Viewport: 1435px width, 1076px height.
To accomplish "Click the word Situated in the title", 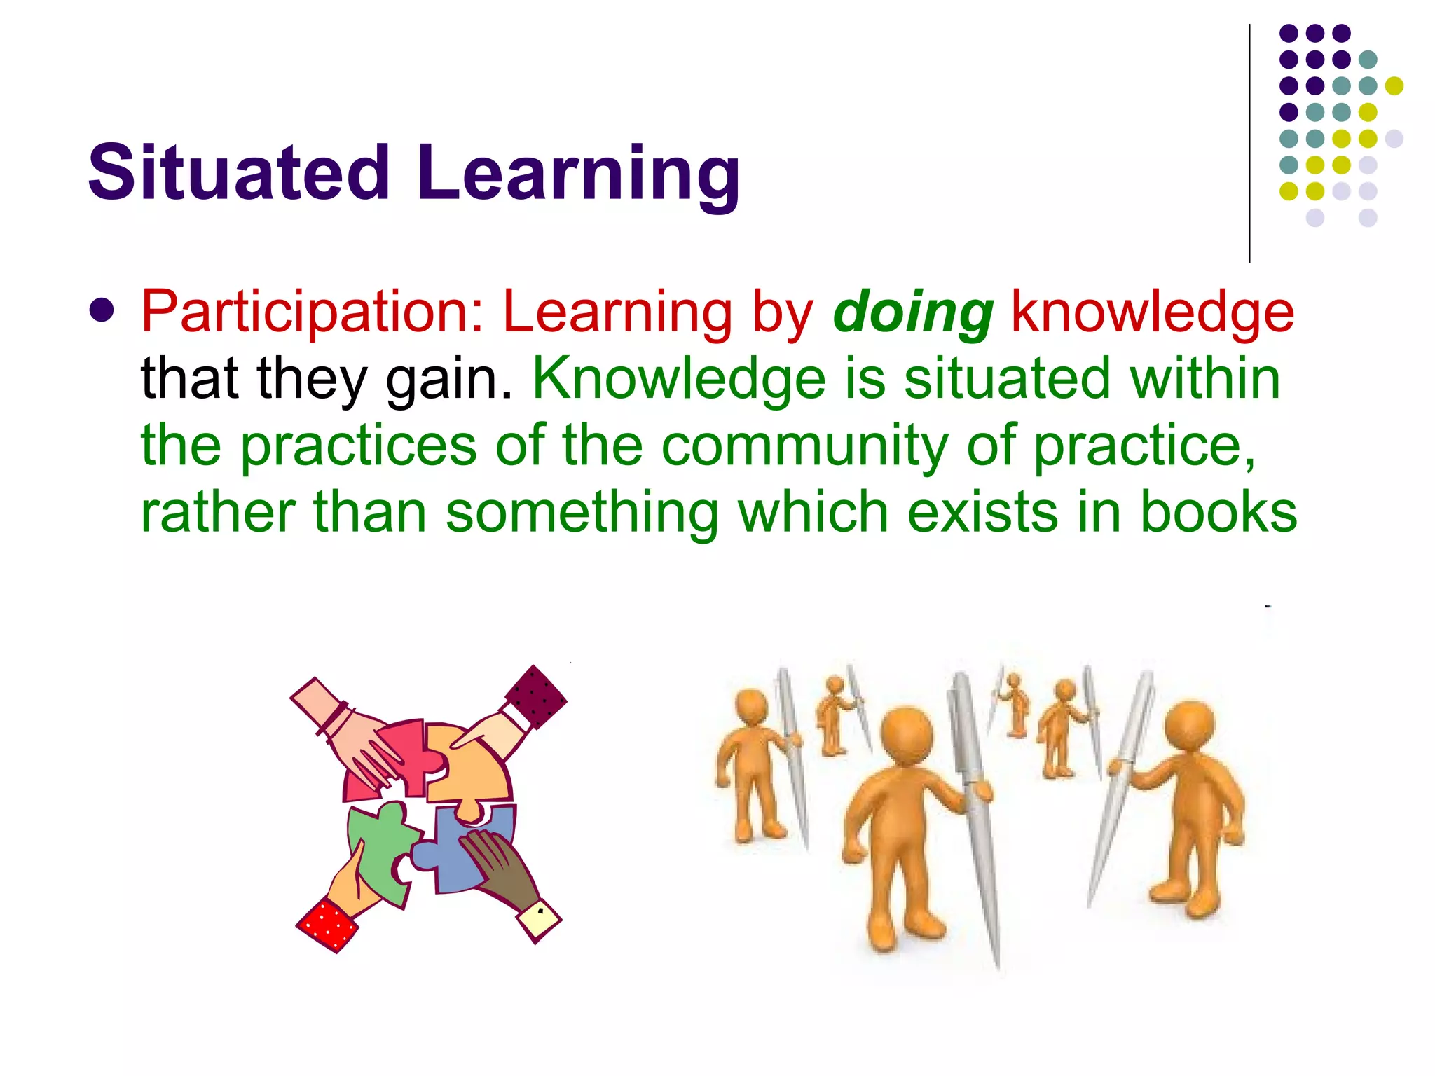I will (238, 172).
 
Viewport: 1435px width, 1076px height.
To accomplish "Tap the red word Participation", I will (312, 312).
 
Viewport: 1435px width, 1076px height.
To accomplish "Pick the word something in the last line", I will (582, 513).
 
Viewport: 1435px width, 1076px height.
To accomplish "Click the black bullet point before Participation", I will (102, 311).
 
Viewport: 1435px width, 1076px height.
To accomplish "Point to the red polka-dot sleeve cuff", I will (327, 925).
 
